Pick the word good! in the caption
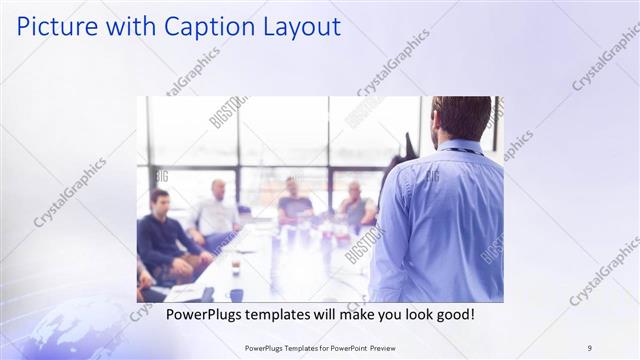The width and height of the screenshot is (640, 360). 452,314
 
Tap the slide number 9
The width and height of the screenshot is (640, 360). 589,347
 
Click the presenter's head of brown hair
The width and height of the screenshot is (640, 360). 462,115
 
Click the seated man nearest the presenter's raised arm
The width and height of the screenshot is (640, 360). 355,206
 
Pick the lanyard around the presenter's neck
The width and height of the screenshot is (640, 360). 459,150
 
